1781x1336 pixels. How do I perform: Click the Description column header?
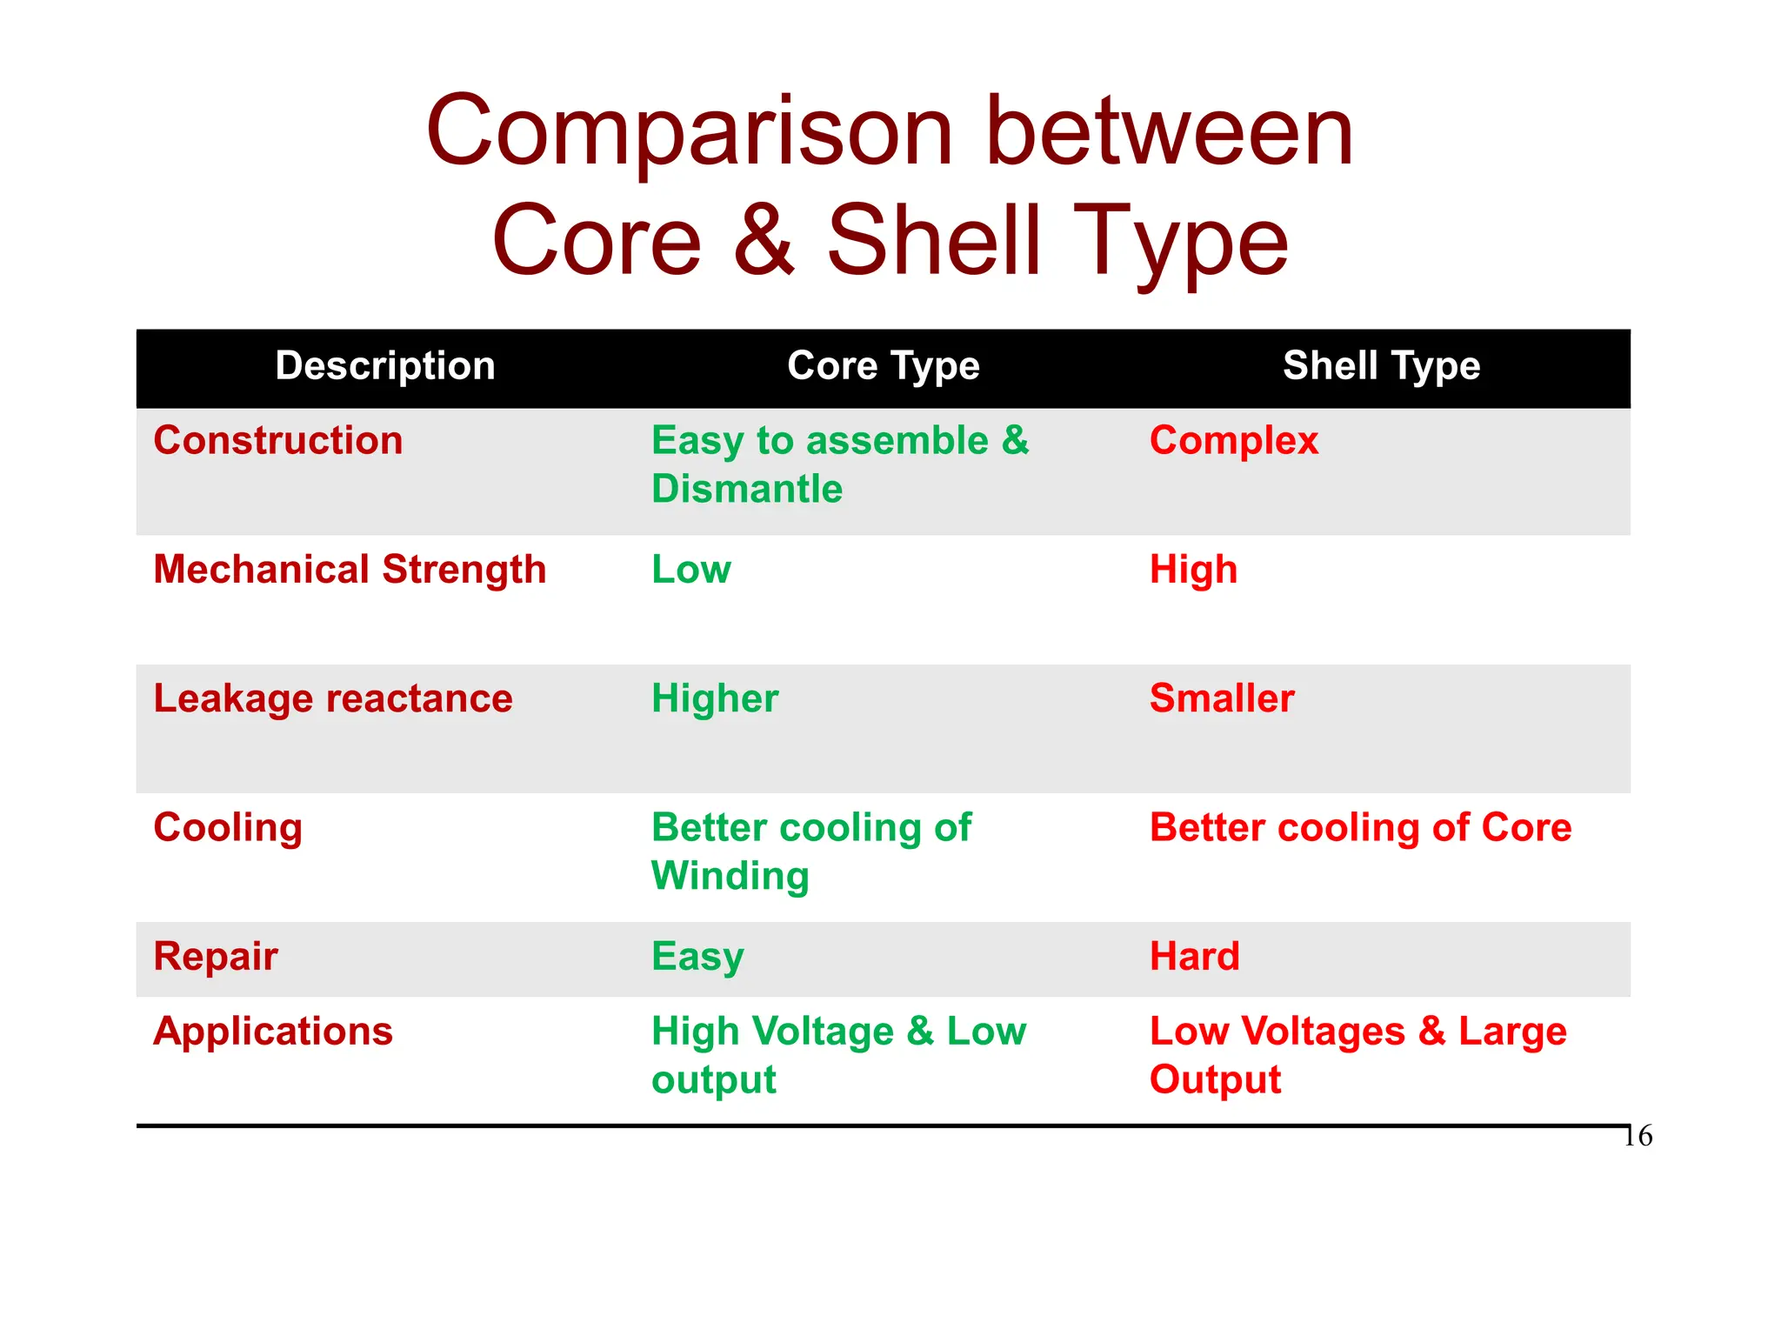click(385, 366)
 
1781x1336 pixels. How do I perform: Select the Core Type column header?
click(883, 366)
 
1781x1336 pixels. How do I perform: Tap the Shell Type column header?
click(1381, 366)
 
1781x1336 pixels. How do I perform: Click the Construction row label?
click(278, 441)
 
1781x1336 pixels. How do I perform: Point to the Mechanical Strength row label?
click(350, 570)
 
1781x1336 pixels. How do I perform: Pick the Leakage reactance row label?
click(333, 698)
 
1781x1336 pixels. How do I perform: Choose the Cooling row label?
click(228, 828)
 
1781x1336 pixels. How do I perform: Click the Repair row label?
click(216, 957)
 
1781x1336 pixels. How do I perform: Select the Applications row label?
click(273, 1032)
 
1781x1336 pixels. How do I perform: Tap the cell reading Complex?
click(1233, 441)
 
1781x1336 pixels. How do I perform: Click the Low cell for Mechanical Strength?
click(691, 570)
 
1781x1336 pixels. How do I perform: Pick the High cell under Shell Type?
click(1193, 570)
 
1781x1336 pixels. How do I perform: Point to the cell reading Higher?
click(715, 698)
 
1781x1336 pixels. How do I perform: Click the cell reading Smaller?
click(1222, 698)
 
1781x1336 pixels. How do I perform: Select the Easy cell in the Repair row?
click(697, 957)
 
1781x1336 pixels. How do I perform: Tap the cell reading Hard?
click(1194, 957)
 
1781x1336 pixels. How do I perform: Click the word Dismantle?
click(747, 489)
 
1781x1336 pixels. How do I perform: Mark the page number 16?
click(1638, 1136)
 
